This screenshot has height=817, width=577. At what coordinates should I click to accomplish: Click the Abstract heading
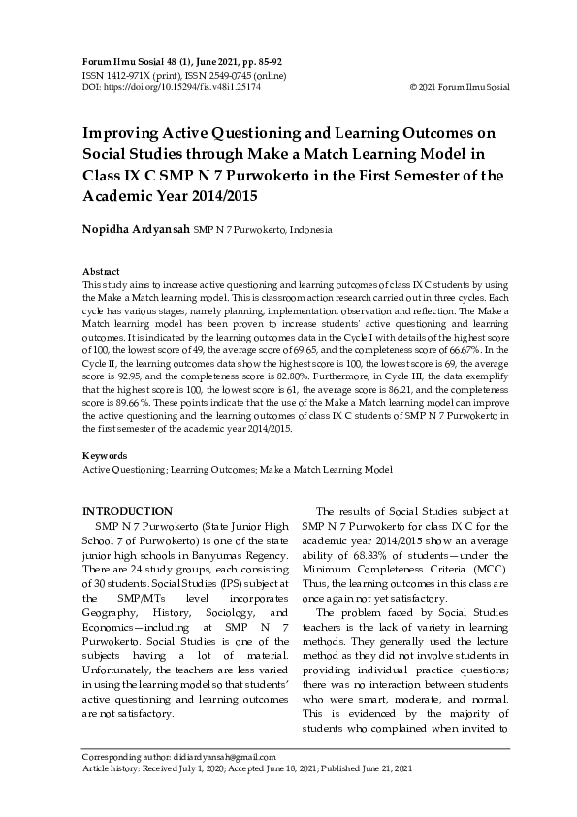click(x=102, y=273)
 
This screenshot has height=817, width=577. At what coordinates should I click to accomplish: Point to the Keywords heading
click(x=105, y=455)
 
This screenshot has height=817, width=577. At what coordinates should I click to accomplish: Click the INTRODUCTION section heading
click(x=127, y=511)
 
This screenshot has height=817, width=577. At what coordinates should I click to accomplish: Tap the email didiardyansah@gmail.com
click(x=221, y=757)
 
